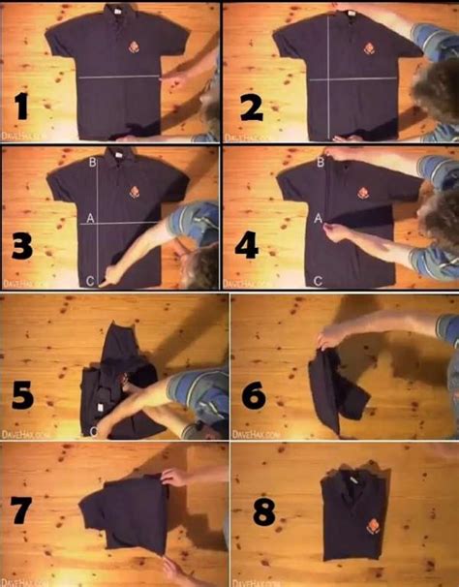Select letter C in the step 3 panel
(x=90, y=281)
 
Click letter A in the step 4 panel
(x=318, y=220)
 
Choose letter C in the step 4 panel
(x=318, y=281)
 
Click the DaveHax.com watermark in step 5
(x=21, y=433)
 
